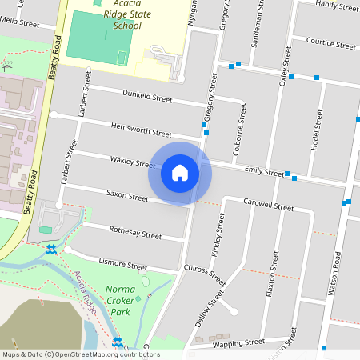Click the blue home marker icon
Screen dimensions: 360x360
(180, 173)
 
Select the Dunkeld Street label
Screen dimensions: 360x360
(147, 98)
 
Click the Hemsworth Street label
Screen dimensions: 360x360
(141, 130)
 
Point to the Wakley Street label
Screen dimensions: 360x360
(133, 162)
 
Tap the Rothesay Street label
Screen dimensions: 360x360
(135, 233)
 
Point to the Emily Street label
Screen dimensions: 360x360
(265, 171)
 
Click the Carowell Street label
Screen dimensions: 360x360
(269, 205)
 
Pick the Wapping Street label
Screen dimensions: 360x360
(238, 342)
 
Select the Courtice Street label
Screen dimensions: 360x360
(330, 45)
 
